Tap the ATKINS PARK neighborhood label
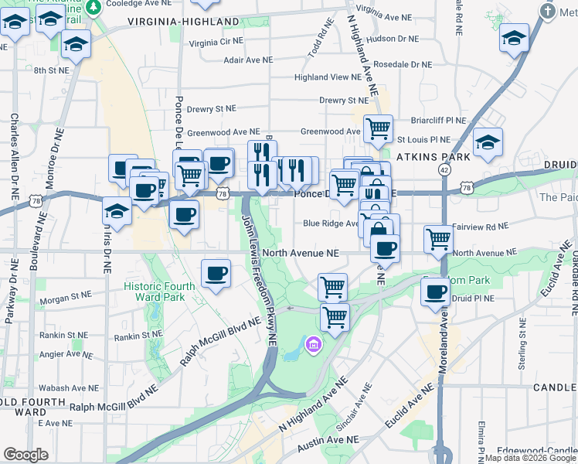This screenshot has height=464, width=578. [x=423, y=156]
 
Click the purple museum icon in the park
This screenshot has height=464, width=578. [x=314, y=343]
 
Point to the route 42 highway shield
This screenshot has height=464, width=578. [x=444, y=169]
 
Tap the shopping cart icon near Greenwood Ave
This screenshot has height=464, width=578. [x=378, y=128]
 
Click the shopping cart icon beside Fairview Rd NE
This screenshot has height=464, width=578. [x=438, y=239]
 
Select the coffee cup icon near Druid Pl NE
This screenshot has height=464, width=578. [x=436, y=292]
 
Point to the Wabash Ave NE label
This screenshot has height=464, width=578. [x=67, y=389]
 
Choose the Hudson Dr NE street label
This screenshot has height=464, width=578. [x=394, y=38]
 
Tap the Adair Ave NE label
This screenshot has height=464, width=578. [x=247, y=59]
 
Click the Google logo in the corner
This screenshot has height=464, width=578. [x=26, y=455]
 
